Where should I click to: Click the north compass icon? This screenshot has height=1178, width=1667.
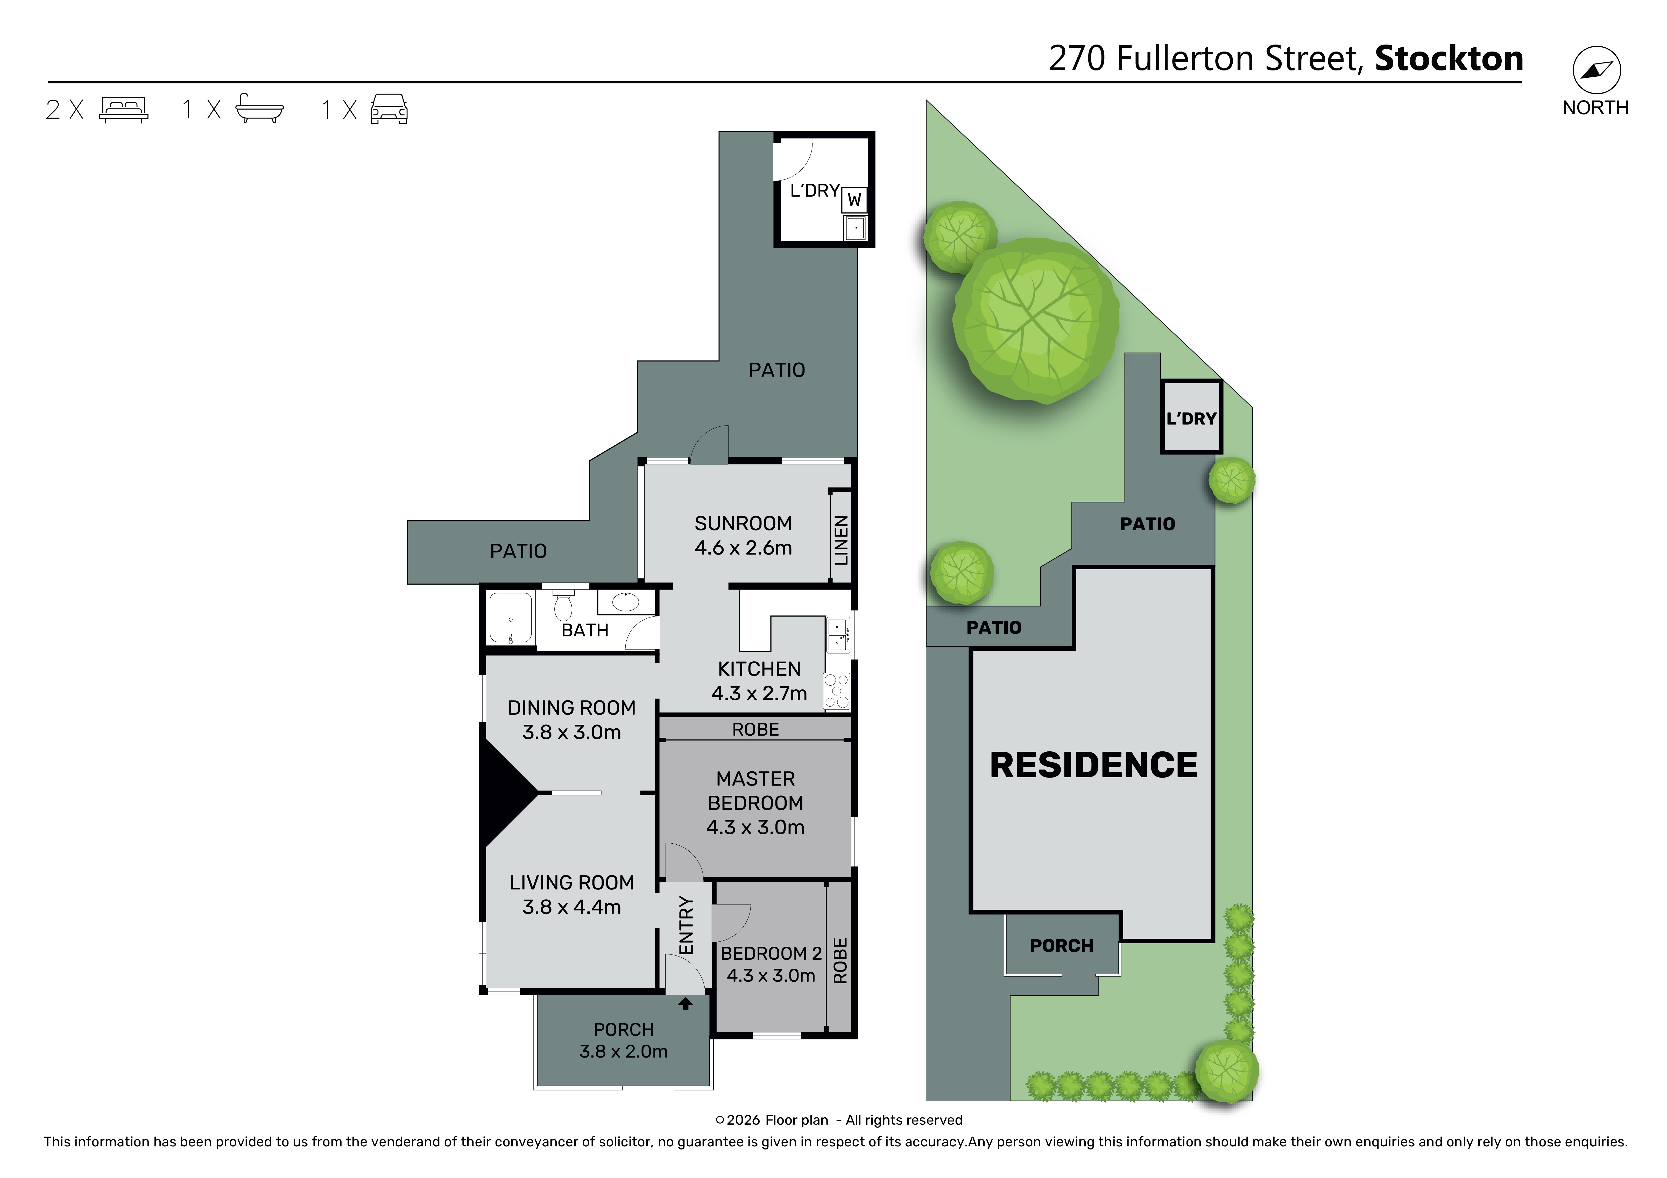pyautogui.click(x=1597, y=70)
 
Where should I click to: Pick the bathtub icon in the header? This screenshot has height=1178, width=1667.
pyautogui.click(x=259, y=109)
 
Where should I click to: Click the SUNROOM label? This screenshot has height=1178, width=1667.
pyautogui.click(x=743, y=523)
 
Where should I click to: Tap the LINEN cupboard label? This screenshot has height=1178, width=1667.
pyautogui.click(x=841, y=540)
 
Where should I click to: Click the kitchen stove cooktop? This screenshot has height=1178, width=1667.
pyautogui.click(x=836, y=691)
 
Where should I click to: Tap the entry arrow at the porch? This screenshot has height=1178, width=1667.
pyautogui.click(x=686, y=1004)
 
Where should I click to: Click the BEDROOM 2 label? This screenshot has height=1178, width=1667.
pyautogui.click(x=771, y=953)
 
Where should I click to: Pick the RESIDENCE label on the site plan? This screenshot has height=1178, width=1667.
pyautogui.click(x=1093, y=765)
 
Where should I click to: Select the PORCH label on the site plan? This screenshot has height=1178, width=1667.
pyautogui.click(x=1062, y=946)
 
